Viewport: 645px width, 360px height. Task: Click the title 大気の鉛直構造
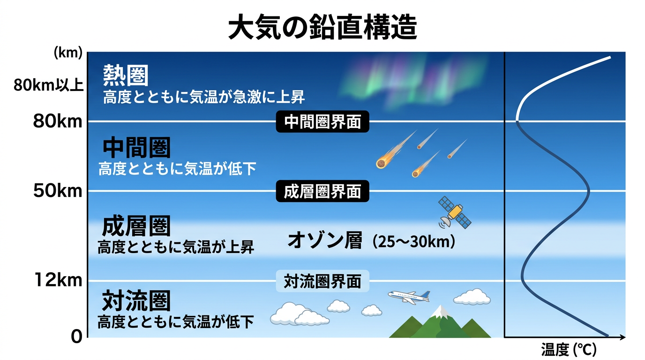[x=322, y=28]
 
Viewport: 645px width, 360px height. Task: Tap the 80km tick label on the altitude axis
[x=58, y=121]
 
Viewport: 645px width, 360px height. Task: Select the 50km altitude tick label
[x=58, y=191]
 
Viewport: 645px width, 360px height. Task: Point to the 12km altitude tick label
[x=58, y=280]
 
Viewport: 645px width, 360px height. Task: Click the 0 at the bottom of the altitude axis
[x=76, y=337]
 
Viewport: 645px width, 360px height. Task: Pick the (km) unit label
[x=68, y=53]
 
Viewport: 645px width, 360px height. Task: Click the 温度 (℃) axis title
[x=569, y=349]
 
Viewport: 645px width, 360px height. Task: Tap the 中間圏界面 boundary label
[x=322, y=122]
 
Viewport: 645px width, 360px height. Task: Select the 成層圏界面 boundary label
[x=322, y=191]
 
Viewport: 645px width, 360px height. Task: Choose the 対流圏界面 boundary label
[x=322, y=281]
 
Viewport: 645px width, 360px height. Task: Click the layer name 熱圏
[x=126, y=75]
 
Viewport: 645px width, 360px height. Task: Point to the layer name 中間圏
[x=136, y=148]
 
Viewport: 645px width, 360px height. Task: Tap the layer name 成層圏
[x=136, y=226]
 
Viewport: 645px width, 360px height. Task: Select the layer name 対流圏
[x=136, y=301]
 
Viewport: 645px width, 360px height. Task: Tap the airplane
[x=409, y=296]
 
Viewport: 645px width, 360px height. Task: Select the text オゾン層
[x=325, y=241]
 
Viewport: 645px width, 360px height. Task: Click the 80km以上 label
[x=48, y=85]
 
